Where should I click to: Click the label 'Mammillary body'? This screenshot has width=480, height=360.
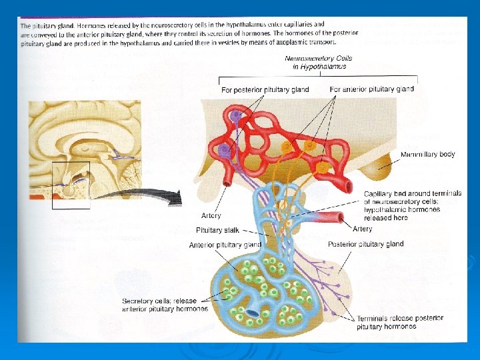coord(427,154)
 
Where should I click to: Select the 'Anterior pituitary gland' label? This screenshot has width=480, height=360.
coord(225,245)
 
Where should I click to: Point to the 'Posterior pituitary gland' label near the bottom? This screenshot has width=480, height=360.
coord(366,244)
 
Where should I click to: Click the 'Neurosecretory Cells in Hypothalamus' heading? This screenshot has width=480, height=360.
coord(318,62)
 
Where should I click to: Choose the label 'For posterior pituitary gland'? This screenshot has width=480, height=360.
coord(265,89)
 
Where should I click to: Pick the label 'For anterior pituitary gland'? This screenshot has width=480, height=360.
coord(371,89)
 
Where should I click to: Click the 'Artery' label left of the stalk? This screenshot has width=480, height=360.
coord(211,216)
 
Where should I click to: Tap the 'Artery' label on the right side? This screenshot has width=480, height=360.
coord(363,229)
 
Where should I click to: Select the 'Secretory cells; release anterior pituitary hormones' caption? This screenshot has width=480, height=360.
coord(165,305)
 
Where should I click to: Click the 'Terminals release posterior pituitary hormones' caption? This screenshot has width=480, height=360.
coord(399,322)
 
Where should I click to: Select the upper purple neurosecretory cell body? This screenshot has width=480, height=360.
coord(235,117)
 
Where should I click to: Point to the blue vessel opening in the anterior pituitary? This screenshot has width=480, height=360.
coord(253,313)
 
